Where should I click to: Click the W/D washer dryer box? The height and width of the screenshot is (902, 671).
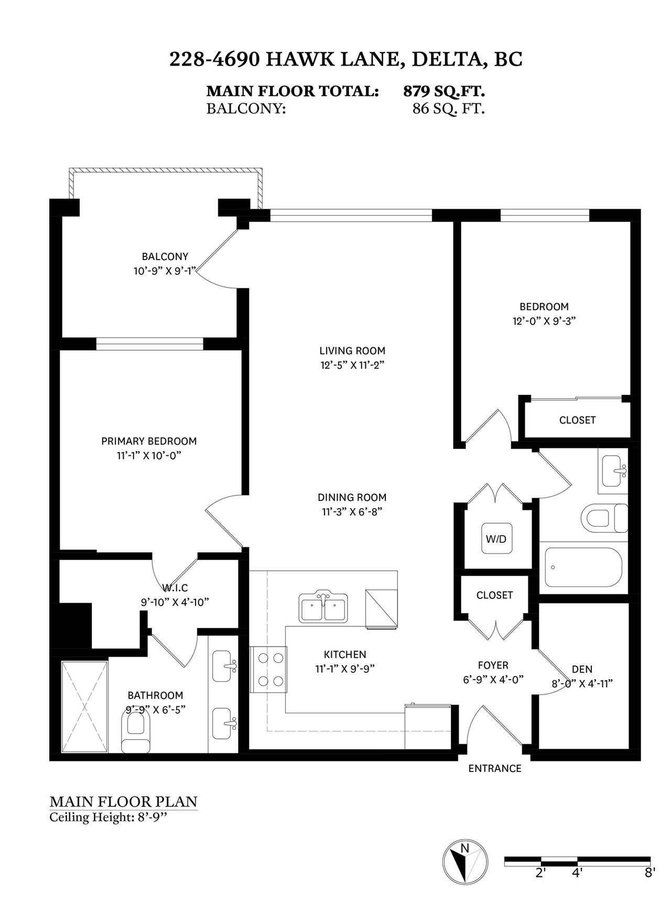tap(496, 539)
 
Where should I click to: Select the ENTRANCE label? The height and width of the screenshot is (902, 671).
tap(495, 768)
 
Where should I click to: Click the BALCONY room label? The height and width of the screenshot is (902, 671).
tap(165, 256)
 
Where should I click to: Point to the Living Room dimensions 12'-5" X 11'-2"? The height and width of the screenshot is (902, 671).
tap(352, 366)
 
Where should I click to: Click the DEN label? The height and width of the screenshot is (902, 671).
tap(582, 669)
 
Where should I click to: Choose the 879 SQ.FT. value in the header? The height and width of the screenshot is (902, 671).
tap(443, 91)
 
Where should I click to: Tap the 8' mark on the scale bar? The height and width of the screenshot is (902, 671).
tap(650, 873)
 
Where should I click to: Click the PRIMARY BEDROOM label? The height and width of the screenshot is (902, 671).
tap(149, 441)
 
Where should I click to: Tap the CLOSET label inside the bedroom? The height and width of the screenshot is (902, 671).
tap(578, 420)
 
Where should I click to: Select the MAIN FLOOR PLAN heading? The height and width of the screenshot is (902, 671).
tap(123, 802)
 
